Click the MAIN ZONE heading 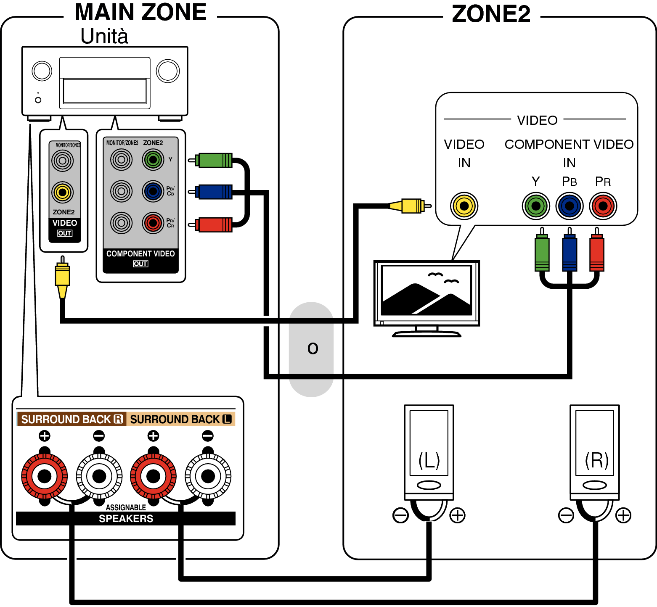(140, 12)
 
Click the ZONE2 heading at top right (491, 14)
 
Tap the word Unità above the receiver (104, 36)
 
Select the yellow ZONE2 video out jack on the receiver (63, 193)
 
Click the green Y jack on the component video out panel (153, 160)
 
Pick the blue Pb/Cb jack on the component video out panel (153, 192)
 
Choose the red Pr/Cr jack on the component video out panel (153, 223)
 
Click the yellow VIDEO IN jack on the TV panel (464, 206)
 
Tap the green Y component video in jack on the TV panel (536, 206)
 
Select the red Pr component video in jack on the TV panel (603, 206)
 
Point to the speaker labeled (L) (429, 452)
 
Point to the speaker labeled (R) (595, 452)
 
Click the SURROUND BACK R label (72, 419)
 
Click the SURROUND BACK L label (181, 419)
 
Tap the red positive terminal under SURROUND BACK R (45, 476)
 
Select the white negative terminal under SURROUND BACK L (208, 476)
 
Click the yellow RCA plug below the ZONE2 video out (62, 277)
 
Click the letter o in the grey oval (313, 348)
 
